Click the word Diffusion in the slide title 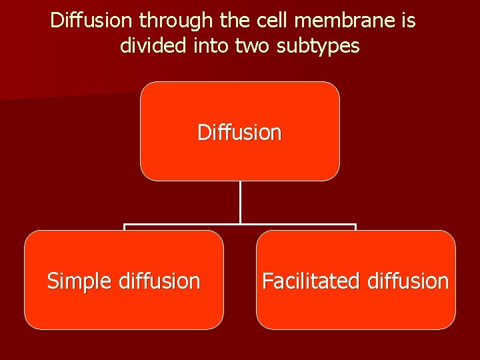tap(92, 21)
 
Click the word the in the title tap(231, 21)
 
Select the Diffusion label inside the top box tap(239, 133)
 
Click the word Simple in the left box tap(79, 281)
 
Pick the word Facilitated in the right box tap(302, 281)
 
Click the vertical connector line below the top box tap(240, 202)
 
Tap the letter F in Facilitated tap(267, 281)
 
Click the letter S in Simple tap(52, 281)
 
